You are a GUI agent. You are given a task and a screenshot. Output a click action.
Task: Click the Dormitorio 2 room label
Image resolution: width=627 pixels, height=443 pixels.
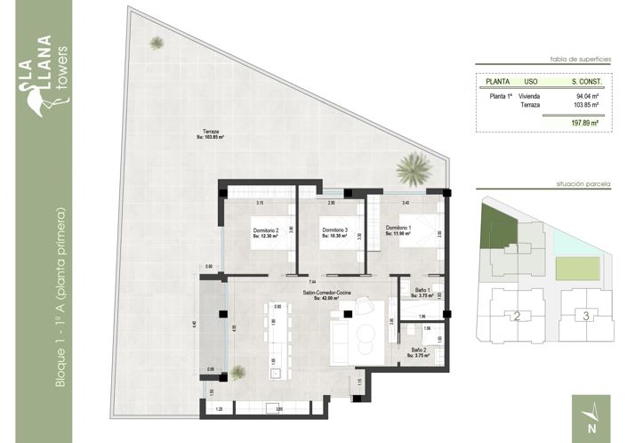click(265, 233)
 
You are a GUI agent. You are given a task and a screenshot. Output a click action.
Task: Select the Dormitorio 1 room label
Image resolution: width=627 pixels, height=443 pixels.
click(399, 230)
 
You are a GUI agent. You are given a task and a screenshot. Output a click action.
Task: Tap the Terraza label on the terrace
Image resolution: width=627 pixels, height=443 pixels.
click(210, 134)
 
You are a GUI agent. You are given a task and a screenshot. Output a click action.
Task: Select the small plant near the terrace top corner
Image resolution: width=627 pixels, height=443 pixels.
click(157, 43)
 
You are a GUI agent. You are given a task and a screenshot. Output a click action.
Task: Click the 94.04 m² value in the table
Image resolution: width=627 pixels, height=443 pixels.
click(585, 96)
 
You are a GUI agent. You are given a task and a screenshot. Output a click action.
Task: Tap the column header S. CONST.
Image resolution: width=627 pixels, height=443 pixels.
click(586, 82)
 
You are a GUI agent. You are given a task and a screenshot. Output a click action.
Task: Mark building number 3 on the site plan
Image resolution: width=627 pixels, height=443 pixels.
click(584, 315)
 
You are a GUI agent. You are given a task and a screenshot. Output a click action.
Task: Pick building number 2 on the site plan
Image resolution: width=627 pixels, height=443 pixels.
click(516, 315)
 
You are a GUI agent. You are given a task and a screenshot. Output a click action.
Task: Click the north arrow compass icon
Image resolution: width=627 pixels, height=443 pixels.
click(592, 414)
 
